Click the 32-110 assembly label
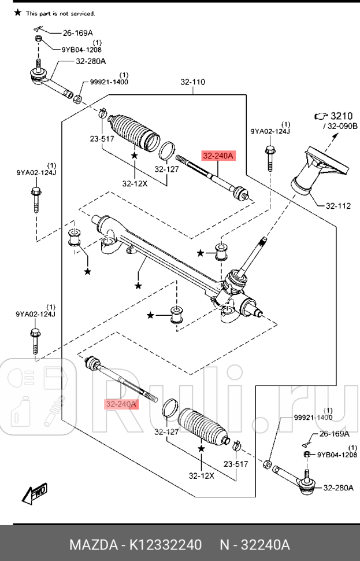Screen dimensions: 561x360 (x=192, y=82)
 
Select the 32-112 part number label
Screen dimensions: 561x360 (x=338, y=205)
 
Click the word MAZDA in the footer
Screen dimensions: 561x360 (x=92, y=545)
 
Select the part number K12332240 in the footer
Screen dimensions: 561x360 (x=165, y=545)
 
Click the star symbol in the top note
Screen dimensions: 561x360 (x=17, y=13)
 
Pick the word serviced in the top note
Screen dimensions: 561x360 (x=83, y=13)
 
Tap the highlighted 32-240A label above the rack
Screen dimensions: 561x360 (x=217, y=156)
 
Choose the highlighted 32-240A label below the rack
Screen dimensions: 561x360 (x=121, y=404)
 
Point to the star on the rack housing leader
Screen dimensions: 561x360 (x=138, y=285)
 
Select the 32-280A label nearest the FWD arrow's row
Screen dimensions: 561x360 (x=338, y=488)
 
